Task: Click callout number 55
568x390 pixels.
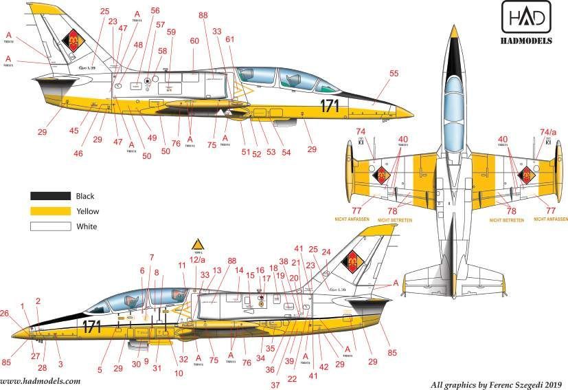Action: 394,73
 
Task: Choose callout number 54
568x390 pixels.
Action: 286,151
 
